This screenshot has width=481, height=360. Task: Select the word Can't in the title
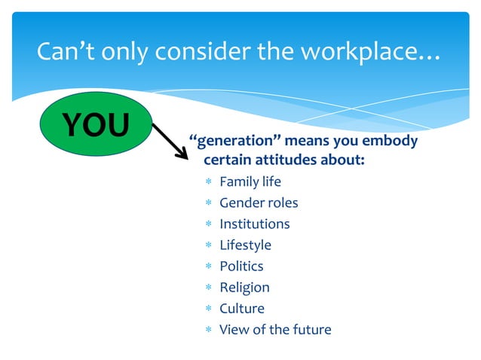click(65, 53)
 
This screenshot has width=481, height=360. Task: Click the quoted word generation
click(234, 142)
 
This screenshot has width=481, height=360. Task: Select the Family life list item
click(250, 182)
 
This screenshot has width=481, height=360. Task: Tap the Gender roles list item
click(259, 203)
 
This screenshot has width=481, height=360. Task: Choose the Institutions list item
click(254, 224)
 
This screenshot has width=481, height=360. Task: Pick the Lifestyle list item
click(245, 245)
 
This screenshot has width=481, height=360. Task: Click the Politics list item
click(241, 266)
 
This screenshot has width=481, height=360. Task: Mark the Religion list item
click(244, 287)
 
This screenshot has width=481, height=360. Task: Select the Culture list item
click(241, 308)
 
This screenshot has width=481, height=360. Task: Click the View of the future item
click(274, 329)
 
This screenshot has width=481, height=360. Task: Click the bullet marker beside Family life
click(207, 182)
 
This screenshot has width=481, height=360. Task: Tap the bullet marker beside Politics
click(207, 267)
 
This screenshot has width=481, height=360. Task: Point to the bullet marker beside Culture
click(207, 309)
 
